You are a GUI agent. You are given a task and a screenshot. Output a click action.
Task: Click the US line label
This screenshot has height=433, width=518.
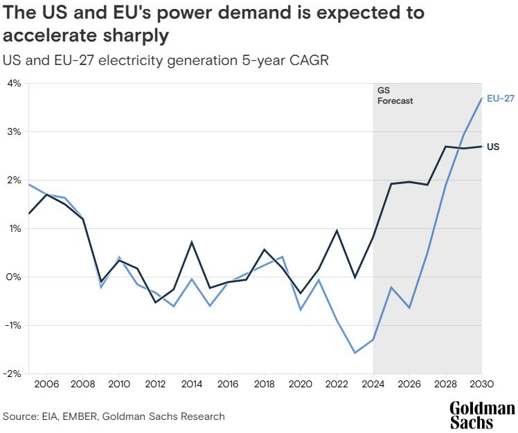(x=493, y=147)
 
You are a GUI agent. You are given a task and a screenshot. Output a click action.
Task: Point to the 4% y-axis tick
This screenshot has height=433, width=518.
(x=15, y=83)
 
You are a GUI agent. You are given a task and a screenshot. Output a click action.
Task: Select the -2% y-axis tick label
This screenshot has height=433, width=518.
(x=13, y=374)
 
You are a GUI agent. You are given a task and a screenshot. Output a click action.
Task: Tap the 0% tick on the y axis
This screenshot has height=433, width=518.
(x=15, y=277)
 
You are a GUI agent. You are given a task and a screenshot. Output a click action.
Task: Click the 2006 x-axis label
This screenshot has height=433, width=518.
(x=46, y=383)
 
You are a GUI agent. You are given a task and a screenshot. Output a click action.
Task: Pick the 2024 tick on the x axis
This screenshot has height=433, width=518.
(x=373, y=383)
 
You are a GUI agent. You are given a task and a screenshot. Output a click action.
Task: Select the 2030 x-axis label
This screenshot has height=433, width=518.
(x=481, y=383)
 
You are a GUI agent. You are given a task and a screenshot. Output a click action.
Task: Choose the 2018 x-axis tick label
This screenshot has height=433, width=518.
(x=264, y=383)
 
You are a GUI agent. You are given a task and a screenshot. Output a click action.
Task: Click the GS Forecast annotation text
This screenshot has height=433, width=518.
(x=395, y=95)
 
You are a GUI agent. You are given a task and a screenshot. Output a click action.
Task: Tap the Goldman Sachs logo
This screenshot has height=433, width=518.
(x=483, y=414)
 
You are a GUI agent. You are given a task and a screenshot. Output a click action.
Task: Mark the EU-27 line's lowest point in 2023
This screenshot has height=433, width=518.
(x=355, y=353)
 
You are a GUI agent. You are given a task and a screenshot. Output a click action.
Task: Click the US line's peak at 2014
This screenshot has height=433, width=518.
(x=191, y=242)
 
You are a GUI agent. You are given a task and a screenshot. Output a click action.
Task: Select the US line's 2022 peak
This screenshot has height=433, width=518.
(x=337, y=230)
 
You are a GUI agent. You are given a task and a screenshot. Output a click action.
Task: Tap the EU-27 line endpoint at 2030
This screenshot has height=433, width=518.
(x=481, y=98)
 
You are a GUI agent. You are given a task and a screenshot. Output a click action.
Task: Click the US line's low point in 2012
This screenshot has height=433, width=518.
(x=155, y=302)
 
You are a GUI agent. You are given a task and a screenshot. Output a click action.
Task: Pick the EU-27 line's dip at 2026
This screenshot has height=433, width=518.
(x=409, y=307)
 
